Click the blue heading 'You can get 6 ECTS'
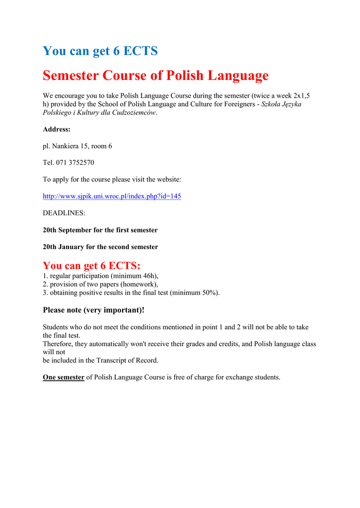100,51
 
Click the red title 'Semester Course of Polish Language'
155,75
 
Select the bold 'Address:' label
57,129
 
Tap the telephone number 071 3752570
74,163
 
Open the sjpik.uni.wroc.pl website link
112,196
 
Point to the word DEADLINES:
64,213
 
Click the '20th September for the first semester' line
100,230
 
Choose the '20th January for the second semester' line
100,247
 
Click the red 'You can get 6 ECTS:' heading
91,265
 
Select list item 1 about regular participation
101,276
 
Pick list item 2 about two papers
100,284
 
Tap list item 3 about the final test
131,293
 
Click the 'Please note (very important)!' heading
94,310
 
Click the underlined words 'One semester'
64,378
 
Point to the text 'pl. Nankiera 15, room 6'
77,146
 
